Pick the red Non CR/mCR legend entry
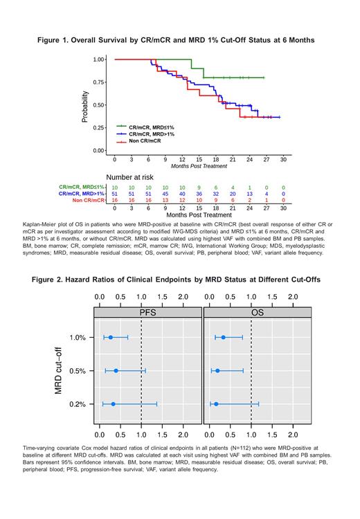143,141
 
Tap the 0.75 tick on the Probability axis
99,82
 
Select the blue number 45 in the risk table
165,194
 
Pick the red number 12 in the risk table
182,200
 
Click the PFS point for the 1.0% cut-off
111,338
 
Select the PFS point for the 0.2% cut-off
114,403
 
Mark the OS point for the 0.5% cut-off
217,371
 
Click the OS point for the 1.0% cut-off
223,338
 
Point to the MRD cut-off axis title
62,370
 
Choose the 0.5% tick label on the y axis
77,371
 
